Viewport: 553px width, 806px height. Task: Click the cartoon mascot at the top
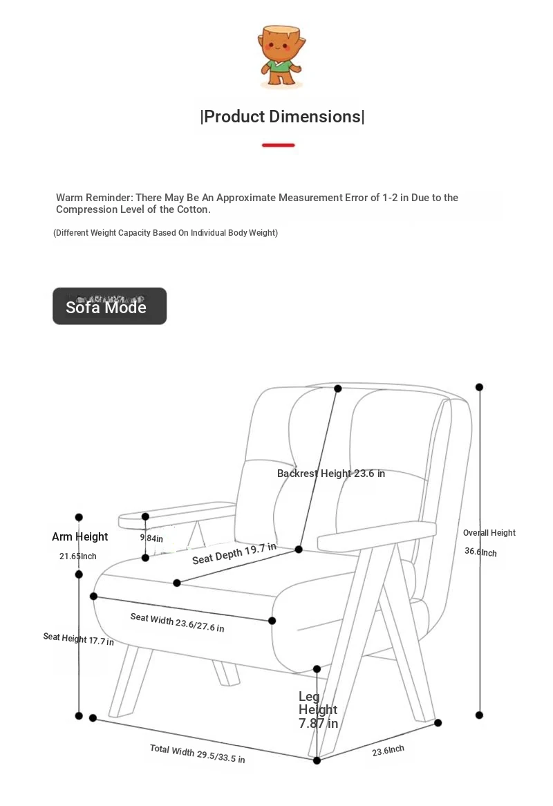[281, 57]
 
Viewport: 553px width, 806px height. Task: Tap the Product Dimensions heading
[282, 117]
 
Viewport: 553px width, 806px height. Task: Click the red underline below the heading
[279, 145]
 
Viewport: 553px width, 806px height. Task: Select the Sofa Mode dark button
[109, 306]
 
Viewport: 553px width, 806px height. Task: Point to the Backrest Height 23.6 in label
[330, 474]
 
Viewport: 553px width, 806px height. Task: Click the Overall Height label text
[489, 533]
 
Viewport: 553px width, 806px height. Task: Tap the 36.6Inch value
[480, 552]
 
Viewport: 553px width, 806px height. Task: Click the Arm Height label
[80, 537]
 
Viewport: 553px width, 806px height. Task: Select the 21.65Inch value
[78, 556]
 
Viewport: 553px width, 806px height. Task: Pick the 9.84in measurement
[152, 538]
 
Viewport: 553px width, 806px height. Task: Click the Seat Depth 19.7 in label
[234, 553]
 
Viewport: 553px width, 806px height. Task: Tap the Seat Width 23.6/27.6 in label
[177, 622]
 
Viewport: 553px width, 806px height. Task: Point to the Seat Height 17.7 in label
[78, 639]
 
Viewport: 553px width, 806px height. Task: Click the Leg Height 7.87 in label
[318, 710]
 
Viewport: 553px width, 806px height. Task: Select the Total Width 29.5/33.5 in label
[197, 753]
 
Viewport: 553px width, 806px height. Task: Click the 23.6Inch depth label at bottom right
[388, 750]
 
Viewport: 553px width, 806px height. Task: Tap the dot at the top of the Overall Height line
[479, 387]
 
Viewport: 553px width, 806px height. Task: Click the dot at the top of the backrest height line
[338, 389]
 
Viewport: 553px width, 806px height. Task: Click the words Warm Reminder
[94, 198]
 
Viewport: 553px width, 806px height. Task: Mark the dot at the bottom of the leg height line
[317, 760]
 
